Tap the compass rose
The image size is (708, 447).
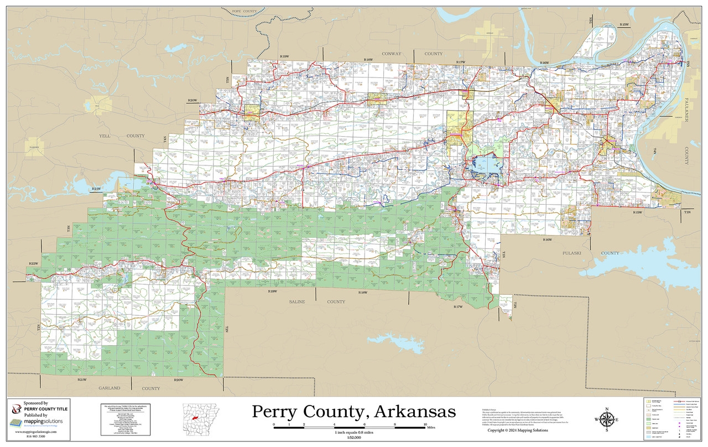click(607, 419)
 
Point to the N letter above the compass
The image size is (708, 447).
click(607, 409)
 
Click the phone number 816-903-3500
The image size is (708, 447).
click(36, 436)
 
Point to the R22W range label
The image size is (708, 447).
click(34, 263)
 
